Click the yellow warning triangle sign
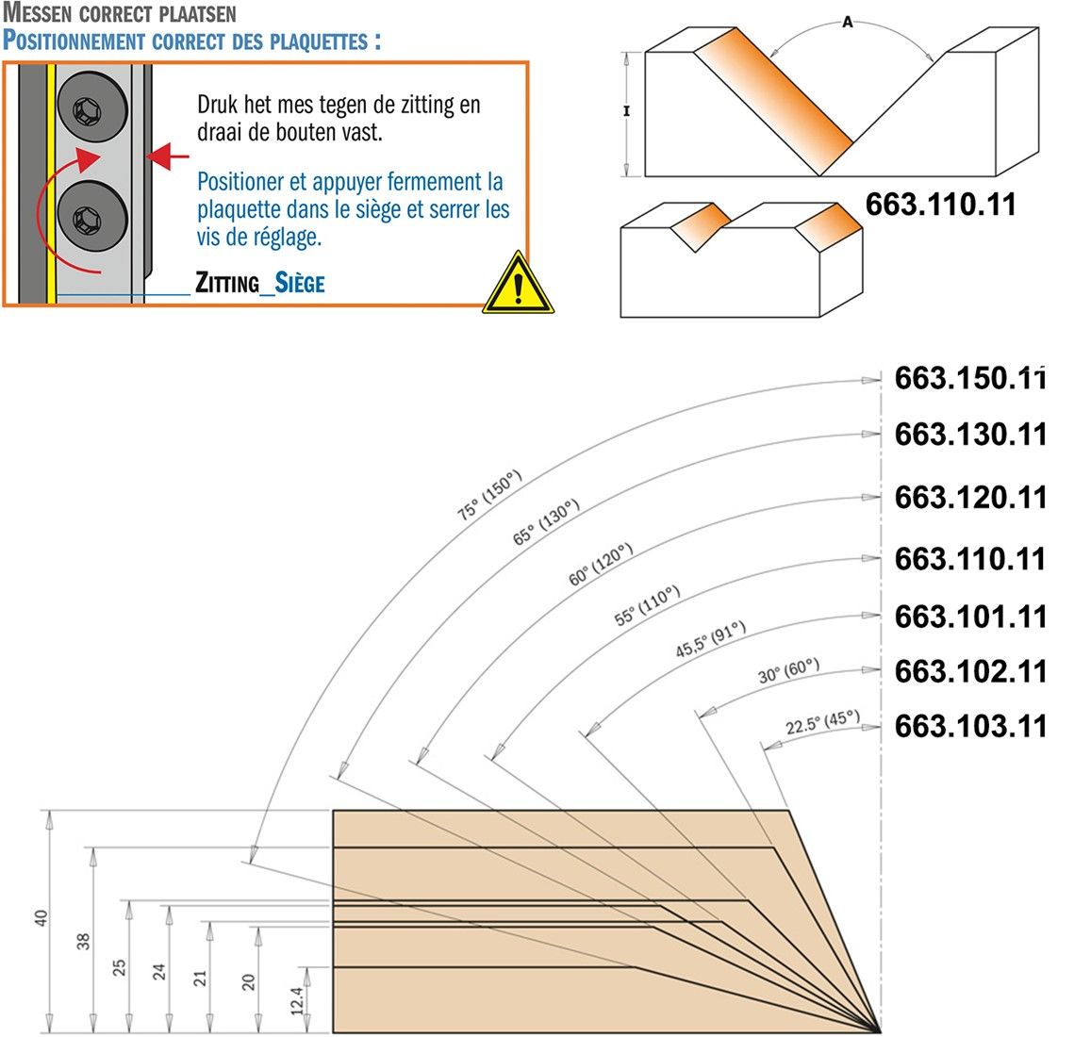click(518, 284)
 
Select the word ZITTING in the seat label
click(226, 283)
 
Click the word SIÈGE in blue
click(300, 283)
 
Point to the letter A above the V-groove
click(848, 23)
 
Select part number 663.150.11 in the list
click(970, 378)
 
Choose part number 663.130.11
click(970, 435)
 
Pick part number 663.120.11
click(970, 497)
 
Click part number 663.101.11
click(970, 617)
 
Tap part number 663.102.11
click(970, 671)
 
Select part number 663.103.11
click(970, 726)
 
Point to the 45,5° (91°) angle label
click(710, 639)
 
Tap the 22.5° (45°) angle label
click(822, 722)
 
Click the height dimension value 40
click(41, 917)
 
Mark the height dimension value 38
click(83, 940)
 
